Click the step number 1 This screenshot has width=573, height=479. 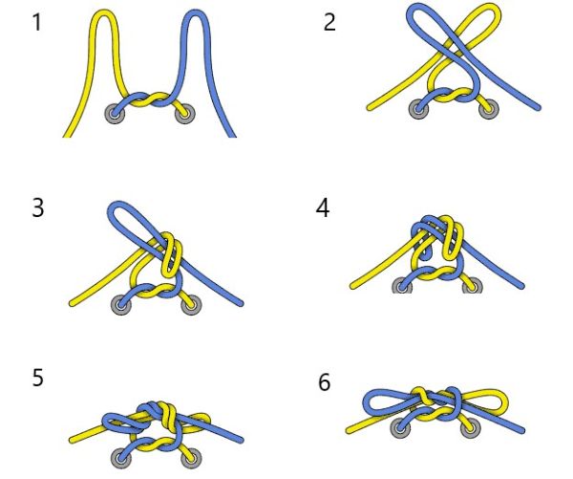pos(37,22)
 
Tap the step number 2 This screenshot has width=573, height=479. pos(329,22)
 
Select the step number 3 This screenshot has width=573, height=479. pos(38,208)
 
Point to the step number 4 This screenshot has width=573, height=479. pos(323,208)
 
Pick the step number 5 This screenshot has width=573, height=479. pos(38,378)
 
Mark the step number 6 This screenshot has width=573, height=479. pos(325,382)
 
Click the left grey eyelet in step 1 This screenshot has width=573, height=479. pos(115,114)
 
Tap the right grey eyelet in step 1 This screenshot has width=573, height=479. pos(185,114)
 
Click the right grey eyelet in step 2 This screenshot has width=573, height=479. pos(489,109)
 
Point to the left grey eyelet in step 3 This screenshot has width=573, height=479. pos(121,304)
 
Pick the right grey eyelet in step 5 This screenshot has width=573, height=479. pos(191,457)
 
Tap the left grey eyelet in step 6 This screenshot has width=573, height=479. pos(401,427)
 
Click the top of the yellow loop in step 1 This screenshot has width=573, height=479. pos(104,12)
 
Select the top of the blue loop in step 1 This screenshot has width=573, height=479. pos(198,12)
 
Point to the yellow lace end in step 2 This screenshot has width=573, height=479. pos(369,108)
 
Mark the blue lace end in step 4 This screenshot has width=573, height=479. pos(521,286)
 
